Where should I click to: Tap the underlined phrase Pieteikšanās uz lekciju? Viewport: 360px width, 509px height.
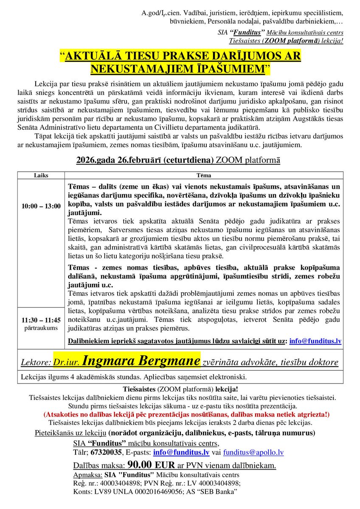(70, 433)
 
